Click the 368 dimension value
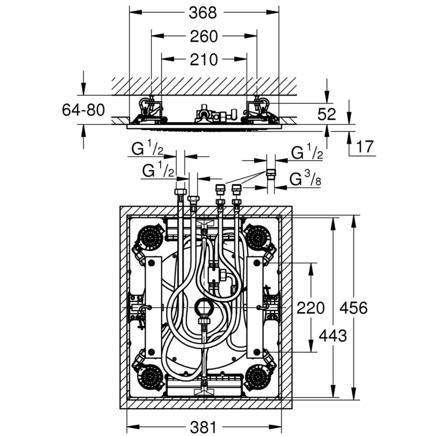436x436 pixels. [x=203, y=13]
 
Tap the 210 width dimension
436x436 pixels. [x=203, y=60]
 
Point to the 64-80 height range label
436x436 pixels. [x=83, y=110]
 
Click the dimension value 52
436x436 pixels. [x=326, y=115]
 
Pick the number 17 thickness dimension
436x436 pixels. [x=365, y=147]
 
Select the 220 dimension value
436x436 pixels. [x=310, y=308]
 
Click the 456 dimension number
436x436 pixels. [x=354, y=308]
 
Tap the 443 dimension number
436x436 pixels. [x=332, y=336]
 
